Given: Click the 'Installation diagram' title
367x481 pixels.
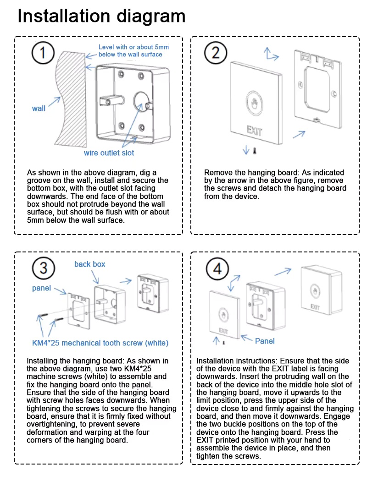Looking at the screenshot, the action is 101,16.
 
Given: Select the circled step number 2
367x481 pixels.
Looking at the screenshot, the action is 216,53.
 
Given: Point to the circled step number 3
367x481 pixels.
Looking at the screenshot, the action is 43,268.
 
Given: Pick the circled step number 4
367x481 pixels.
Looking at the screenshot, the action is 217,269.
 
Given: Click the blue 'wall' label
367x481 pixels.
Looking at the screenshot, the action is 39,108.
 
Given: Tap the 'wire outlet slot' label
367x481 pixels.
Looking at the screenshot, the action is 109,153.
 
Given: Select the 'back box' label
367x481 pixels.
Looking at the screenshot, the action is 89,264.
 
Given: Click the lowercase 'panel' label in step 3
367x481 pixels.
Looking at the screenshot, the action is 41,288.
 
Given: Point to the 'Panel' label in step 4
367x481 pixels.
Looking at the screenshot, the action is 265,341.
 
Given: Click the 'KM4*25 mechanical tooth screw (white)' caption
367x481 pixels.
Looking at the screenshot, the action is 100,343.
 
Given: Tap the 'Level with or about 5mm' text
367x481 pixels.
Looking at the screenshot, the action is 133,47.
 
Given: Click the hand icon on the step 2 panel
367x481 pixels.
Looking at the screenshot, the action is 255,103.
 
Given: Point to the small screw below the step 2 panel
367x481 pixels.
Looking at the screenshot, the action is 254,151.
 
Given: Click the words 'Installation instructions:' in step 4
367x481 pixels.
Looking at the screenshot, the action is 237,361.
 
